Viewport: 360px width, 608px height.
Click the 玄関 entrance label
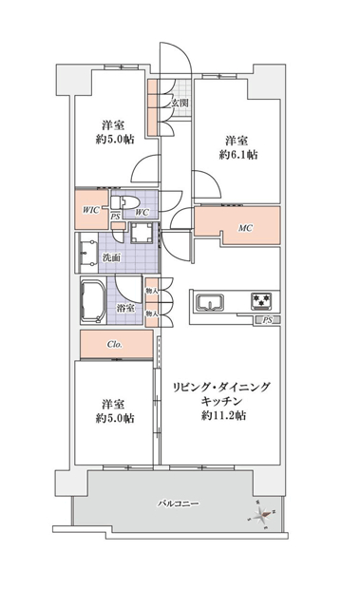[180, 104]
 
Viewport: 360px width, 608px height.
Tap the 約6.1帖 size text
[238, 155]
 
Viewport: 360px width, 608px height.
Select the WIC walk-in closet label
[91, 210]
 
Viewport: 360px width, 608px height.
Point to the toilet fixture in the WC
[123, 202]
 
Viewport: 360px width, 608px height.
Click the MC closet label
[245, 228]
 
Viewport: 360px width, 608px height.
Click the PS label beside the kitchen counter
[267, 320]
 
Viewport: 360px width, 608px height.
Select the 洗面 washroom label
[111, 257]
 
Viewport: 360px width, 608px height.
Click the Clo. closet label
[115, 344]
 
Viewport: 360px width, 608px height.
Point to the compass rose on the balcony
[262, 515]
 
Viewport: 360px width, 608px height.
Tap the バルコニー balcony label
[179, 503]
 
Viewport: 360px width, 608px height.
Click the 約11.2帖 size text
[223, 416]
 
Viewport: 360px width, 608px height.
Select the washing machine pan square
[141, 233]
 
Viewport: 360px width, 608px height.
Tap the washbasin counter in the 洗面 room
[88, 253]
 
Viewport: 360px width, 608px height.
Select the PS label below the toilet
[115, 217]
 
